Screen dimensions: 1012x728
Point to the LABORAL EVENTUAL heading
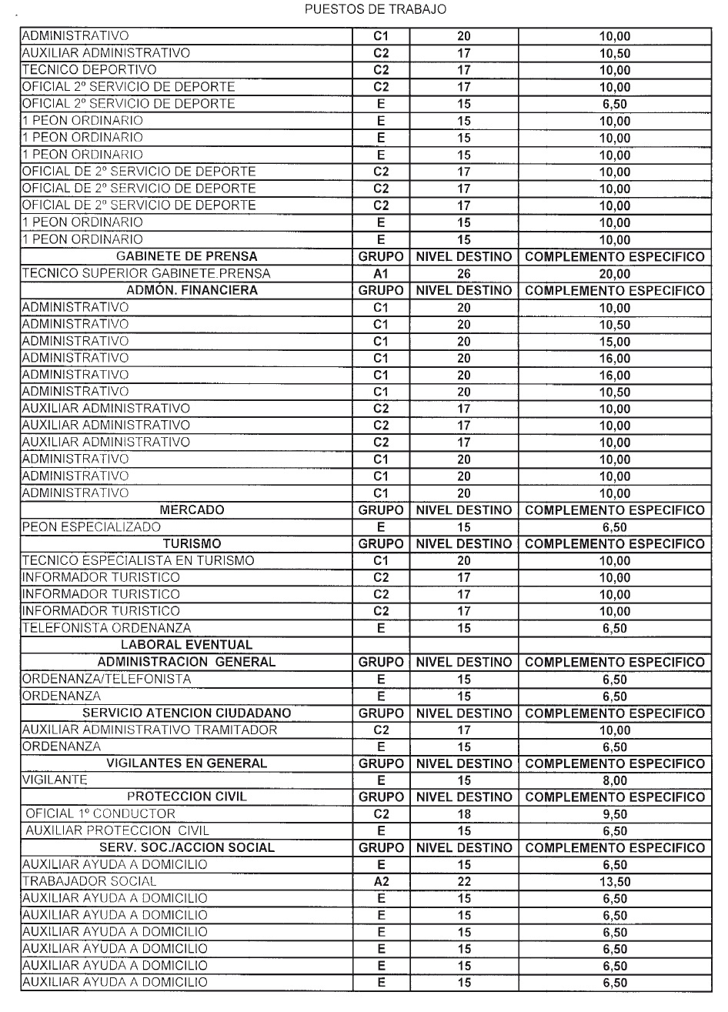point(185,645)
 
